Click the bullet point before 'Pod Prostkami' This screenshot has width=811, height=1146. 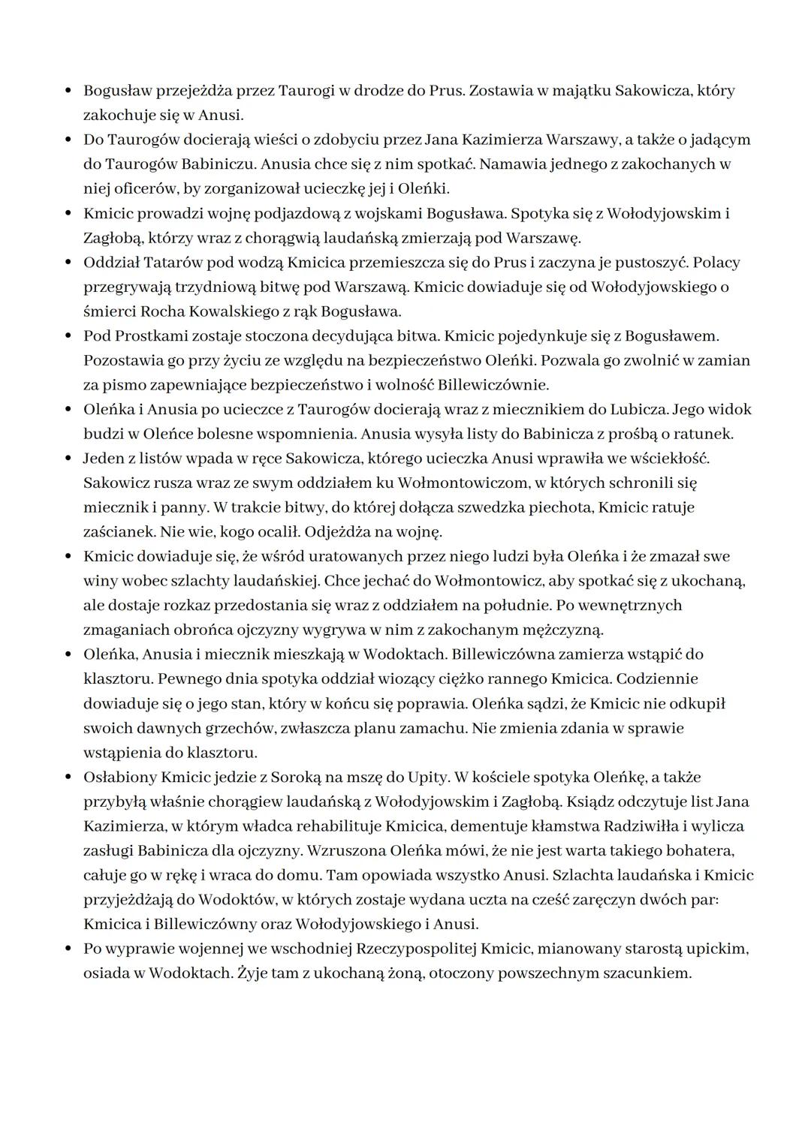[68, 335]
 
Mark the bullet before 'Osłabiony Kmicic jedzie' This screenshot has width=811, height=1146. [68, 778]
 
